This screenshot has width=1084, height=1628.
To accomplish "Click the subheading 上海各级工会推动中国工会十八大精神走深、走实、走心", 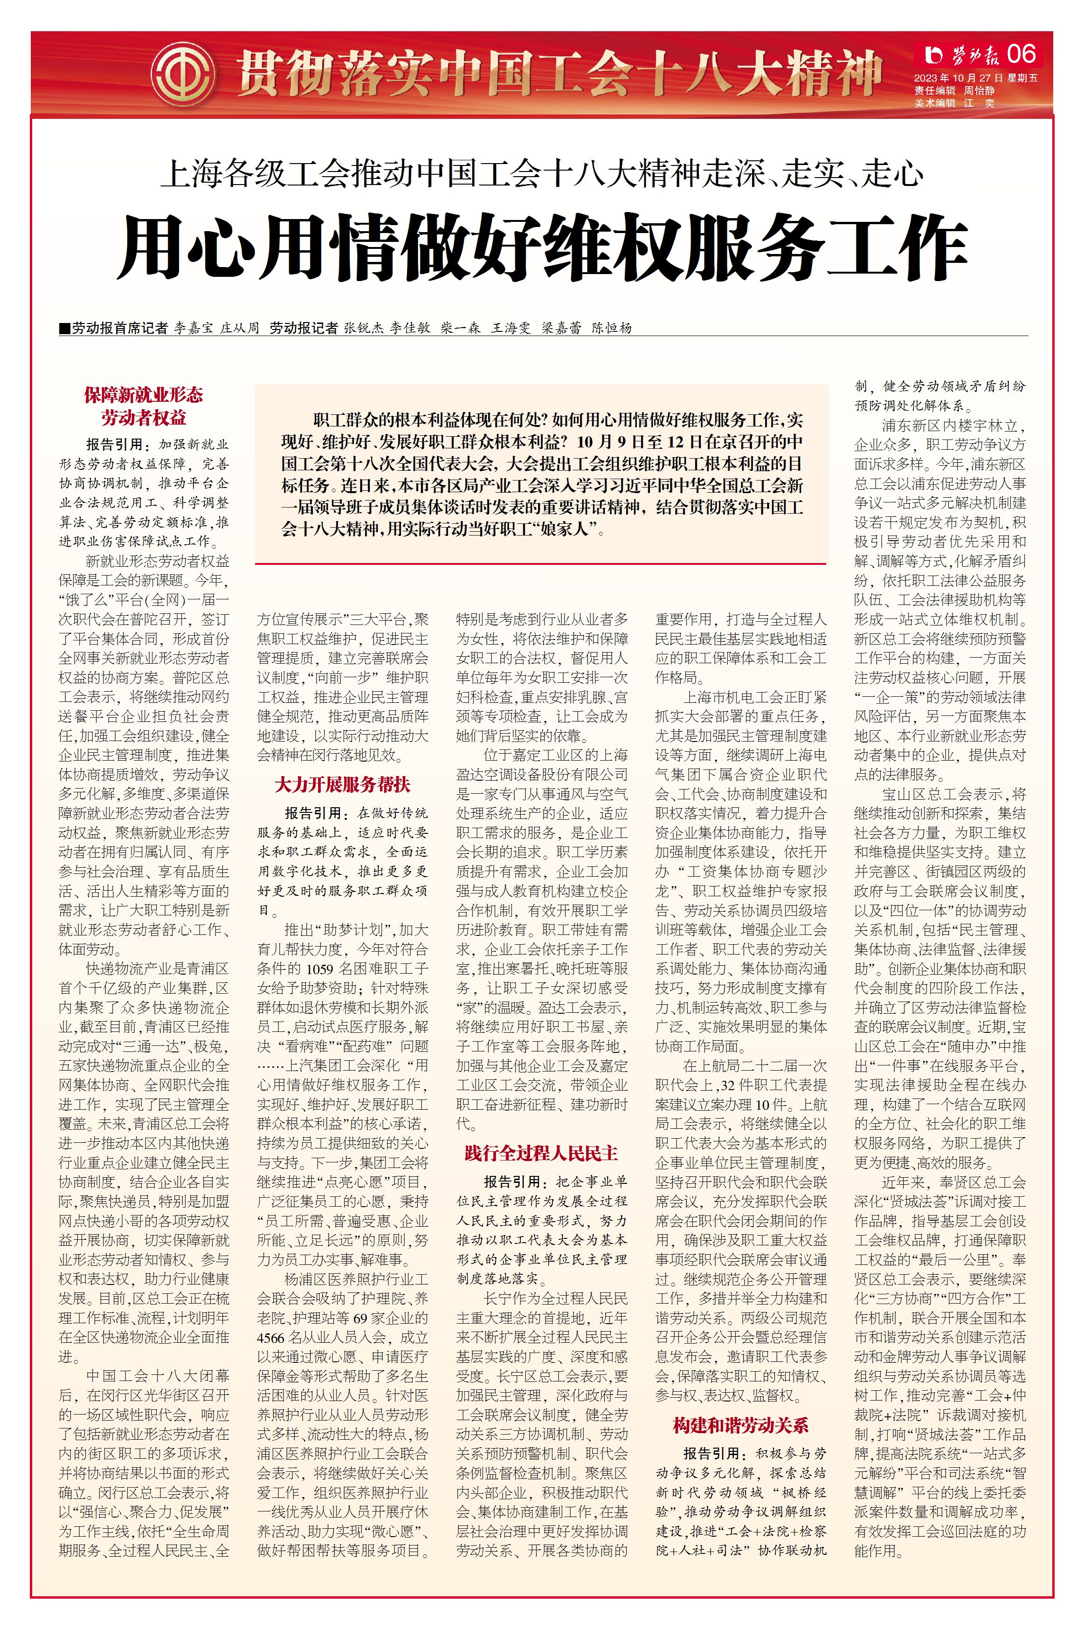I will coord(541,173).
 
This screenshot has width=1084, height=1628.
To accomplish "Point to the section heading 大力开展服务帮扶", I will coord(342,784).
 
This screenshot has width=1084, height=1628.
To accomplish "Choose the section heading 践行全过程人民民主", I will coord(541,1153).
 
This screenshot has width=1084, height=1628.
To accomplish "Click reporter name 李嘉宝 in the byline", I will coord(193,328).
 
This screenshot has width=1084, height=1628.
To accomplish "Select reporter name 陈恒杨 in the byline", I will coord(611,328).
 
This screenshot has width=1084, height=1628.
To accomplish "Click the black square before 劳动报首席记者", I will coord(65,328).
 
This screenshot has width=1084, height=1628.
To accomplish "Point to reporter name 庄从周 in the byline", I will coord(239,328).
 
